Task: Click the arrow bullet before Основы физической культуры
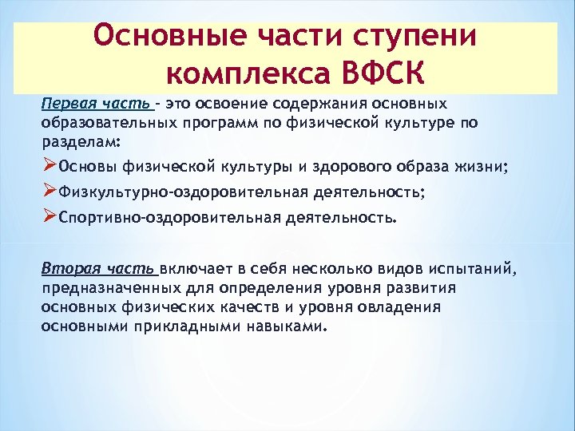click(x=50, y=165)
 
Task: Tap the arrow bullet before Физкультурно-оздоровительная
click(x=50, y=191)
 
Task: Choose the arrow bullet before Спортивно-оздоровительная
click(x=50, y=216)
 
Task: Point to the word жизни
click(x=482, y=166)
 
